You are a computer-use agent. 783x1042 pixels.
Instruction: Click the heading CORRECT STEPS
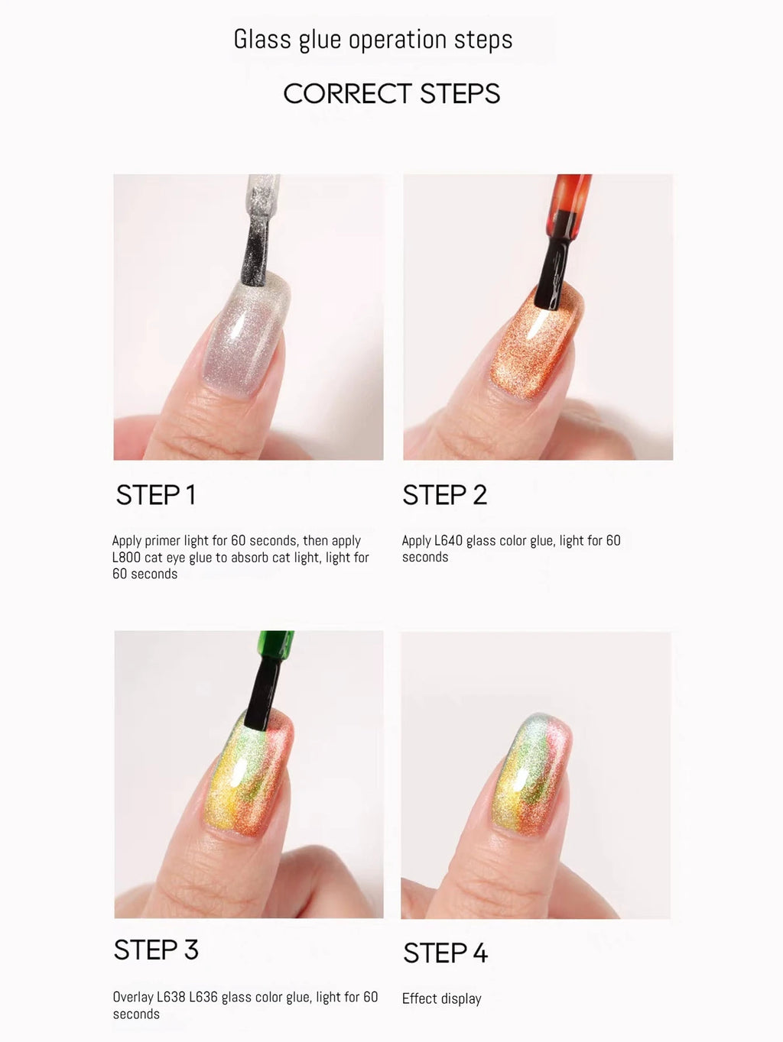point(391,93)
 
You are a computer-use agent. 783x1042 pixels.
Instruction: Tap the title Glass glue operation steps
point(373,40)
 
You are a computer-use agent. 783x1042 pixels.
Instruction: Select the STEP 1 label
point(156,495)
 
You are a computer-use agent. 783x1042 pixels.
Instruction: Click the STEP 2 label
point(445,495)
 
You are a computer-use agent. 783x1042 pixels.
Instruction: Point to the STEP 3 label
point(156,950)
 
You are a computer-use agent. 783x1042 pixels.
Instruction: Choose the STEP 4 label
point(445,953)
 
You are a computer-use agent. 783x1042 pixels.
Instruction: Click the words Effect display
point(441,998)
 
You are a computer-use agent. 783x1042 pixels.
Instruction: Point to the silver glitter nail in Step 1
point(245,335)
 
